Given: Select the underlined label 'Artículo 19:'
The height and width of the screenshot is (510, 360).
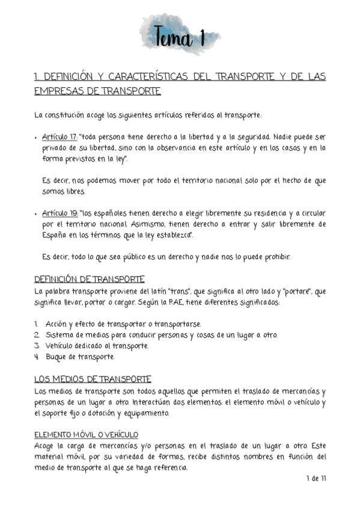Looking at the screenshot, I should [60, 214].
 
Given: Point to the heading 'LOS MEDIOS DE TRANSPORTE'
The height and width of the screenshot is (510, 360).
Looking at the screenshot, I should [93, 379].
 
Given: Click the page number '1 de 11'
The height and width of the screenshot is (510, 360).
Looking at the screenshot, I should [316, 479].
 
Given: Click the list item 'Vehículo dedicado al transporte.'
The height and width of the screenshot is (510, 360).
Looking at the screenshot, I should [97, 346].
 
